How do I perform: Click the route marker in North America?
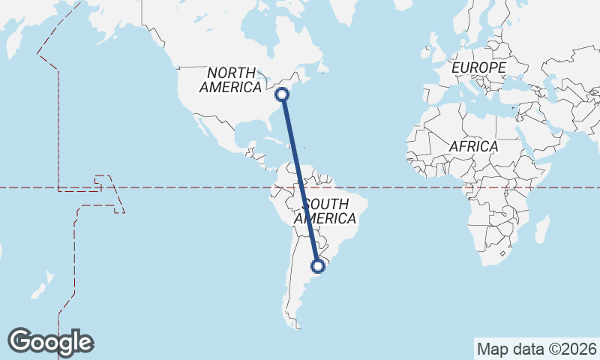pos(282,94)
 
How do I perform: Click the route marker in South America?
pos(318,265)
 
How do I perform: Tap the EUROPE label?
pos(478,68)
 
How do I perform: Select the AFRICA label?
pos(473,146)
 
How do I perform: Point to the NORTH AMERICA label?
pos(230,79)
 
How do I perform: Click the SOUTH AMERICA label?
pos(325,211)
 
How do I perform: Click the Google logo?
pos(50,342)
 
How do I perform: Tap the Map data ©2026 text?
pos(536,349)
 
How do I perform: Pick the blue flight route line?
pos(300,180)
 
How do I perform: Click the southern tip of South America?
pos(298,327)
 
